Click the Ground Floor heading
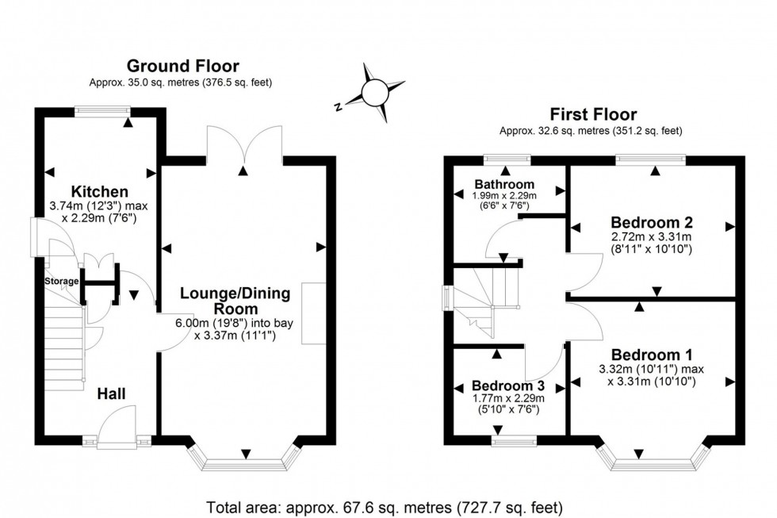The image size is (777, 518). click(182, 66)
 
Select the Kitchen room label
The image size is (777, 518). click(100, 191)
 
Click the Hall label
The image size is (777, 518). click(111, 393)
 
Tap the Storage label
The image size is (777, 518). click(61, 282)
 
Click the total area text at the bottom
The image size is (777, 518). click(385, 506)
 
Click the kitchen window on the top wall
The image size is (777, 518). click(103, 112)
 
